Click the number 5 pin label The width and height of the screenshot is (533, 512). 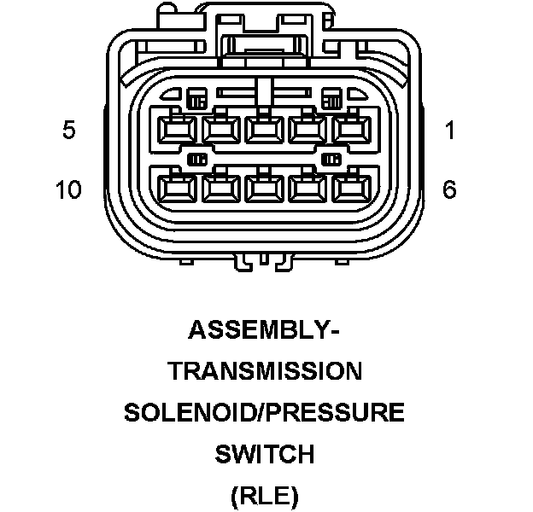[69, 131]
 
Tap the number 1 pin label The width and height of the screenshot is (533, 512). [449, 131]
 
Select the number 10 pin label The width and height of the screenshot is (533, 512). [68, 189]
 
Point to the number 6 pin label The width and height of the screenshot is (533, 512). [449, 189]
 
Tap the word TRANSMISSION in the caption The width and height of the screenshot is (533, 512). [264, 371]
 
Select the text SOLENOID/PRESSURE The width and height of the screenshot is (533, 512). [264, 413]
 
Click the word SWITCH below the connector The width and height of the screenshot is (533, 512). [264, 454]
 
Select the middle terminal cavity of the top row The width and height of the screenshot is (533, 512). [263, 131]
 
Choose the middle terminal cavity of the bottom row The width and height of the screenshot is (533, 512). [263, 187]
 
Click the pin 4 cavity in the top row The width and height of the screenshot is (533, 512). [220, 131]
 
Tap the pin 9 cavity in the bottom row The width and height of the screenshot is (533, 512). [220, 187]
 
